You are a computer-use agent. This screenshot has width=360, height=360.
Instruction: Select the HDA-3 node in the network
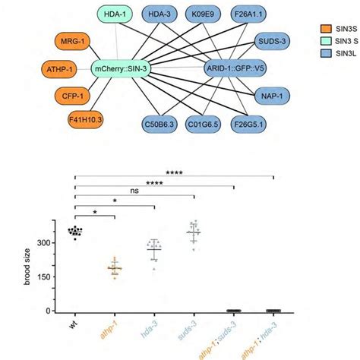point(162,13)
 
